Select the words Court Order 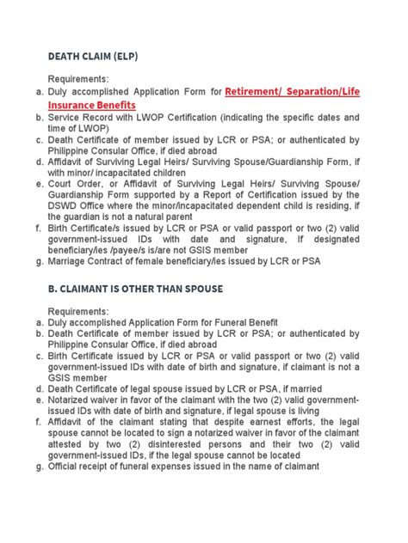(77, 184)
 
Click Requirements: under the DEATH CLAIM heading (85, 78)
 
